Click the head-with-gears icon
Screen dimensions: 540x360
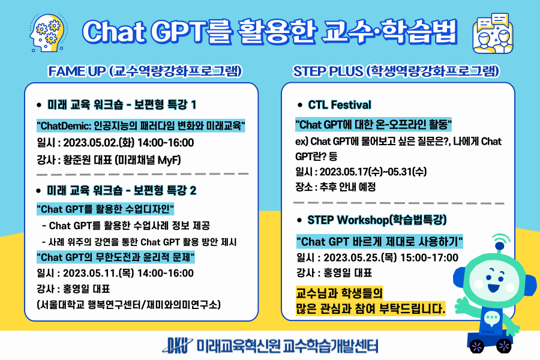tap(47, 33)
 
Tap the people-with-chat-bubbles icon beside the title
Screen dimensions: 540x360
tap(493, 34)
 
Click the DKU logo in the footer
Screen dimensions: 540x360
tap(177, 346)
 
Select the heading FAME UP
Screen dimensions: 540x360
tap(76, 71)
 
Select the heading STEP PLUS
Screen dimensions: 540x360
tap(328, 71)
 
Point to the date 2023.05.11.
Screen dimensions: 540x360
tap(90, 273)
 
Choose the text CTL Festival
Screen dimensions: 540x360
tap(340, 105)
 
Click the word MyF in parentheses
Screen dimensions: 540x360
tap(169, 160)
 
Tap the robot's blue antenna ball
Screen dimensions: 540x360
tap(499, 245)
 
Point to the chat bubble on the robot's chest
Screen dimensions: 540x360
tap(491, 319)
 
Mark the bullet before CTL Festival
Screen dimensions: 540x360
tap(300, 105)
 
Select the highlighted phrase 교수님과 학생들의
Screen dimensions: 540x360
tap(339, 293)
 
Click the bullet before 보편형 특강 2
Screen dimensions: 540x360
tap(39, 191)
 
